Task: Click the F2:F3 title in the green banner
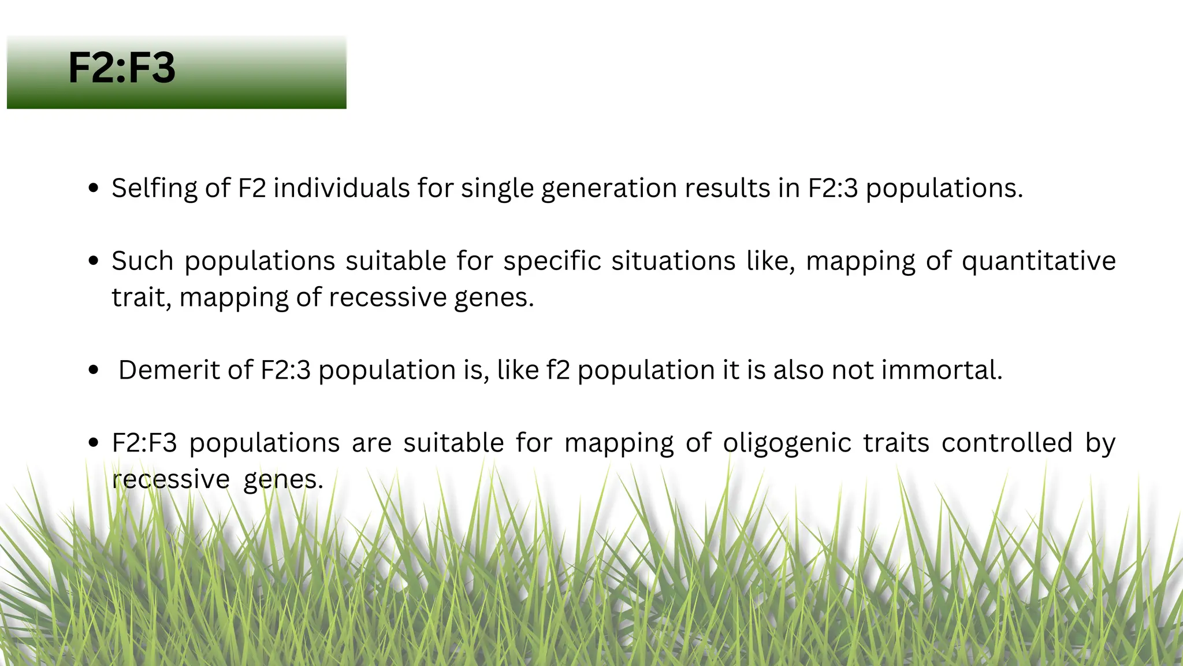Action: [121, 68]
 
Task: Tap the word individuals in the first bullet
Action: [341, 188]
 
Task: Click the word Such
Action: [142, 261]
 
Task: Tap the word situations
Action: [674, 261]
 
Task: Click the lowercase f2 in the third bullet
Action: [558, 370]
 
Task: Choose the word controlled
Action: [1006, 443]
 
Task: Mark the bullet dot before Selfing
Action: [94, 188]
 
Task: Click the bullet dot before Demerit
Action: [94, 370]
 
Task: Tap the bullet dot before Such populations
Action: [94, 261]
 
